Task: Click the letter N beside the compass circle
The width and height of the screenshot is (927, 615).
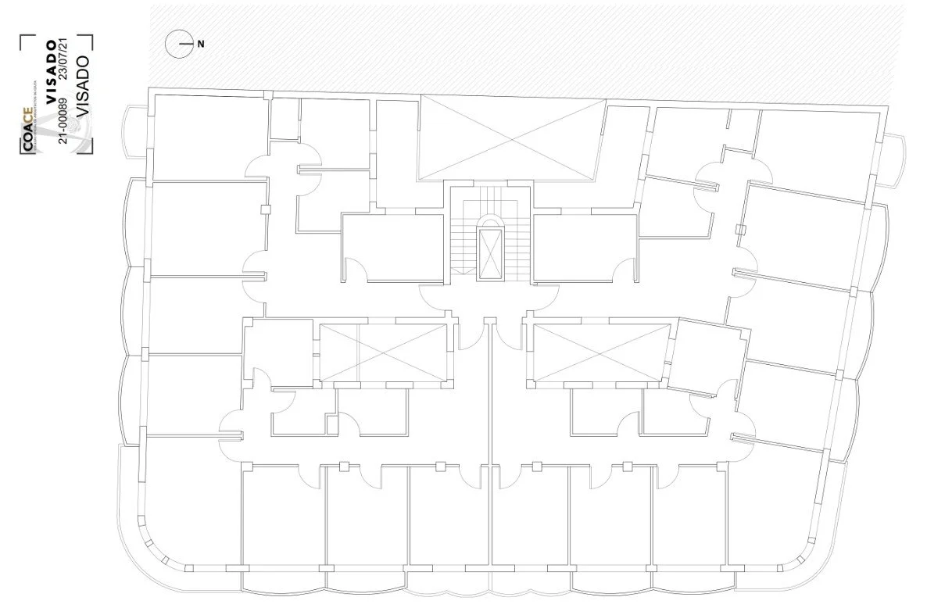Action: [x=201, y=45]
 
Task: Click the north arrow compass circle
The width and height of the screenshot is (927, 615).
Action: [x=179, y=45]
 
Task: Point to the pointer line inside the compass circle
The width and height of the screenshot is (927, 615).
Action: [x=185, y=45]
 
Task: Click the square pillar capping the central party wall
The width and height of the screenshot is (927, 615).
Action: [x=490, y=321]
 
